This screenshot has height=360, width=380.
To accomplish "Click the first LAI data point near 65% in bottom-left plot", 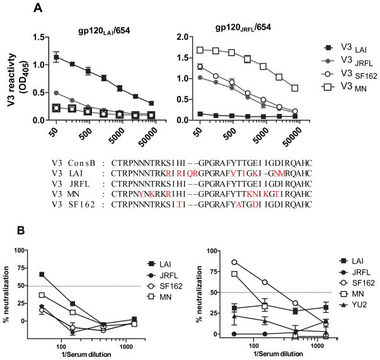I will tap(42, 274).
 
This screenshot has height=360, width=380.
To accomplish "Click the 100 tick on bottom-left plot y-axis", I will tap(25, 250).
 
